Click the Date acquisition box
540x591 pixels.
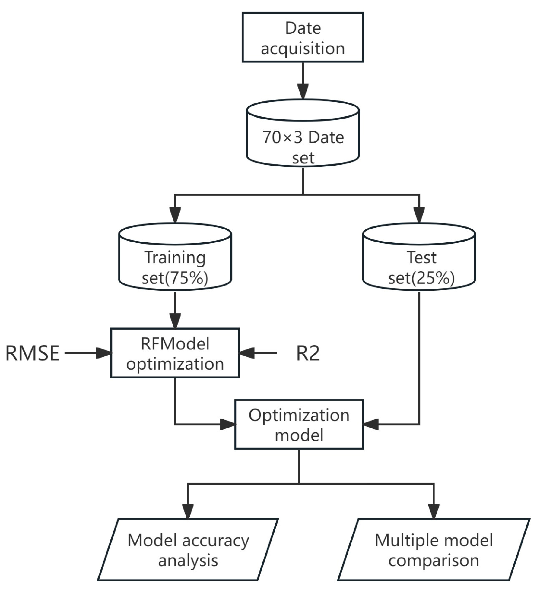coord(303,37)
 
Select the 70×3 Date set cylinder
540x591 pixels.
coord(303,139)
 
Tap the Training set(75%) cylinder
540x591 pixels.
coord(175,262)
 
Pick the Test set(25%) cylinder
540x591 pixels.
coord(419,262)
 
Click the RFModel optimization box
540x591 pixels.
coord(175,353)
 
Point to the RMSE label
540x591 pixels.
coord(32,353)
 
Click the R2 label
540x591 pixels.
coord(308,353)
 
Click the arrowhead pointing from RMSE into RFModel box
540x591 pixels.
coord(103,353)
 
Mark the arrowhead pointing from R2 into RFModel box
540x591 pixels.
coord(247,353)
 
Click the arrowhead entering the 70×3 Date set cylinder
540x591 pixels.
coord(303,91)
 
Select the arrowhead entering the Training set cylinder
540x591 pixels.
coord(175,215)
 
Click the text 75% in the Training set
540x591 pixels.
coord(185,278)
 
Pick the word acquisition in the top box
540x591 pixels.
coord(303,48)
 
